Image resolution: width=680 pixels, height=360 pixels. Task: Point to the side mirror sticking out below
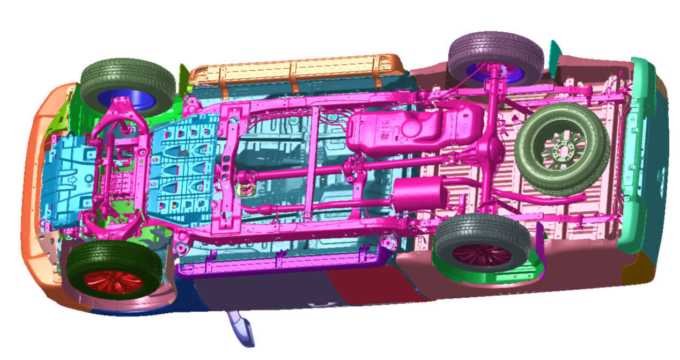pos(241,328)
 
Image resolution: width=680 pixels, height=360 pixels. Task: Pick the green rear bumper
pos(638,156)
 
